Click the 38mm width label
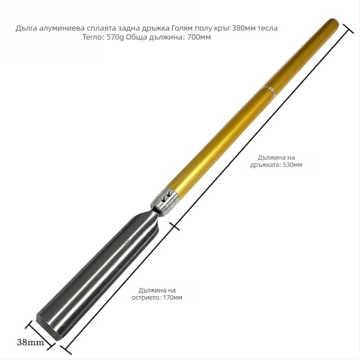[x=30, y=342]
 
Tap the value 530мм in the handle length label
[x=292, y=165]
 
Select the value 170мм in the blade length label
[x=173, y=297]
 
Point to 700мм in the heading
[x=199, y=37]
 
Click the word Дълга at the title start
[x=27, y=28]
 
